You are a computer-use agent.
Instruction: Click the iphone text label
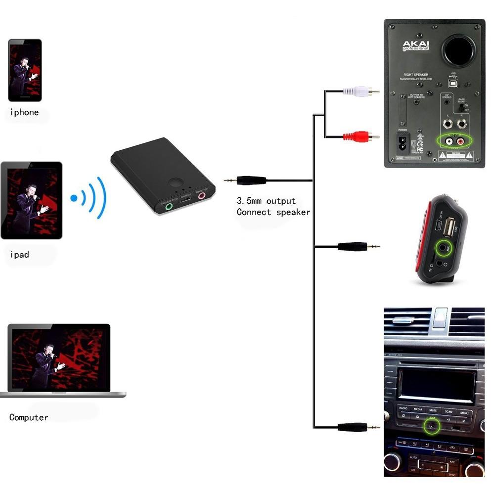tap(24, 112)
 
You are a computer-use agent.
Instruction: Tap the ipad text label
tap(20, 255)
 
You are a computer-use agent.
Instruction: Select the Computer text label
tap(29, 417)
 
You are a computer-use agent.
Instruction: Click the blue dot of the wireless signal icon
tap(74, 198)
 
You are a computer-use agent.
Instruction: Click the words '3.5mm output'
tap(266, 201)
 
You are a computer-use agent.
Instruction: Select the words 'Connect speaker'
tap(273, 212)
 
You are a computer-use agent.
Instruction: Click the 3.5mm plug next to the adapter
tap(245, 180)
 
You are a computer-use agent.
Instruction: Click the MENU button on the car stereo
tap(464, 412)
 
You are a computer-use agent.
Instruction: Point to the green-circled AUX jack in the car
tap(434, 424)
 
